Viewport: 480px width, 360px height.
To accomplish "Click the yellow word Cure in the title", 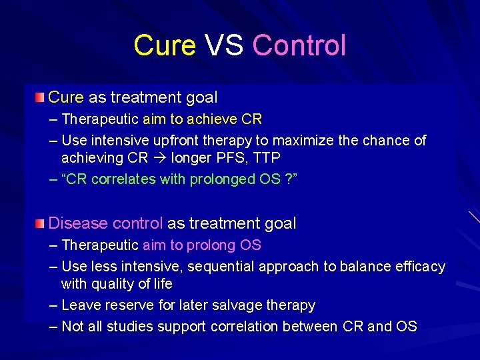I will click(165, 45).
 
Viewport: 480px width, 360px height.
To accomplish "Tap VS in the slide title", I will click(224, 45).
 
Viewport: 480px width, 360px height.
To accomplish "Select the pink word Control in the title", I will click(299, 45).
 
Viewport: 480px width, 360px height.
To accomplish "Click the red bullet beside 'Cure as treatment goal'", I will click(41, 97).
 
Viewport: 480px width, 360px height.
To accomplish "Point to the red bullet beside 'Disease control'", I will click(41, 223).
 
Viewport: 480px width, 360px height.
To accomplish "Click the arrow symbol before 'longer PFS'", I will click(161, 159).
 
